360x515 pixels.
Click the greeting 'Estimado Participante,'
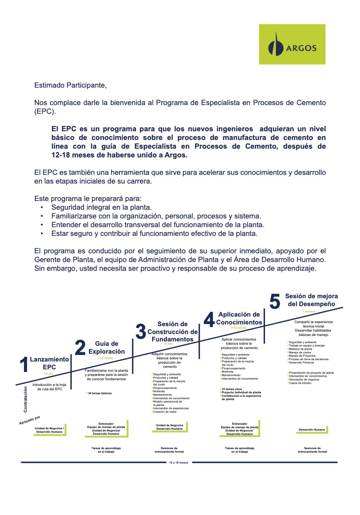[70, 85]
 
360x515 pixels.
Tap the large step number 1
[24, 365]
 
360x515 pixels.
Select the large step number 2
[80, 348]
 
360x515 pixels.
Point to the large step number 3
[140, 332]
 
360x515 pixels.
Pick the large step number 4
[209, 320]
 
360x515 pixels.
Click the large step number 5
[275, 301]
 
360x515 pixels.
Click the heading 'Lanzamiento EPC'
[49, 363]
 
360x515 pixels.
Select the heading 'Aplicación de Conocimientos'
[238, 318]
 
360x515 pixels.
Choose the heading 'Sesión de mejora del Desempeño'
[311, 300]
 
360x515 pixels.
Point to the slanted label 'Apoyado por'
[33, 420]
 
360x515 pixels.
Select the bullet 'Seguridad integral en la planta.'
[102, 208]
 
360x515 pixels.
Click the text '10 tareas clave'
[232, 389]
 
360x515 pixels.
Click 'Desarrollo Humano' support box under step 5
[312, 430]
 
